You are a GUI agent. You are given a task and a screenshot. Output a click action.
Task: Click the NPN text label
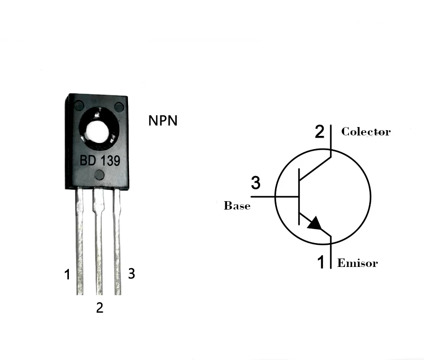[163, 120]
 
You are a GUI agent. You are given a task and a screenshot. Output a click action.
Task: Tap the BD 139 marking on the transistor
[100, 161]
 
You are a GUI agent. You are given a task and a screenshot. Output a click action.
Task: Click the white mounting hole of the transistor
[98, 131]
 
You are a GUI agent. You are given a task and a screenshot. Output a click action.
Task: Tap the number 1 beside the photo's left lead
[67, 275]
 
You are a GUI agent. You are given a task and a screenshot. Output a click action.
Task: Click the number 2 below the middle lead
[100, 308]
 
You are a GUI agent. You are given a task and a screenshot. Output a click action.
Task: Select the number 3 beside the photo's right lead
[131, 274]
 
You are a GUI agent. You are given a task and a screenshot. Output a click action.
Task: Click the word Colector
[366, 131]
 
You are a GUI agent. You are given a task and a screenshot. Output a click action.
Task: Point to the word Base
[237, 206]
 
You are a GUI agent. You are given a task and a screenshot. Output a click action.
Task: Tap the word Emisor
[357, 263]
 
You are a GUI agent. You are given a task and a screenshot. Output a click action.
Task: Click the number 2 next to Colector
[319, 131]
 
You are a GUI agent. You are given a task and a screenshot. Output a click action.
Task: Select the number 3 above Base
[256, 182]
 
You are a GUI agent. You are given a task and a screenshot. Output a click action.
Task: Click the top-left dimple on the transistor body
[79, 106]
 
